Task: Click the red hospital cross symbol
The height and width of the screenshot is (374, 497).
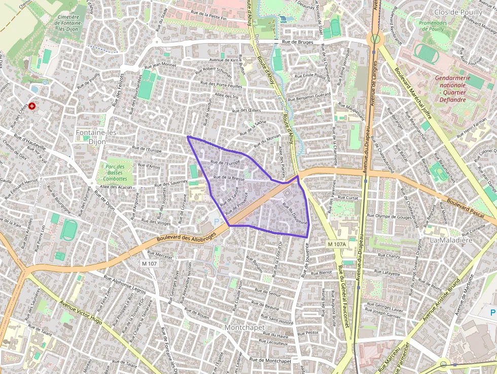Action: tap(32, 106)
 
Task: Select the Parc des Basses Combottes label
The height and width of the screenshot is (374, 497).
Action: tap(115, 172)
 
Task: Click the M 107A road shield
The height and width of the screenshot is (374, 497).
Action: tap(336, 245)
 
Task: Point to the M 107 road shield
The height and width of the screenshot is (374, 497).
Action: tap(150, 263)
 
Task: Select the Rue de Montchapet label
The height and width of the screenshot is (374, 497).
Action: tap(270, 360)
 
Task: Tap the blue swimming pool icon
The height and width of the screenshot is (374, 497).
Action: tap(282, 19)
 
